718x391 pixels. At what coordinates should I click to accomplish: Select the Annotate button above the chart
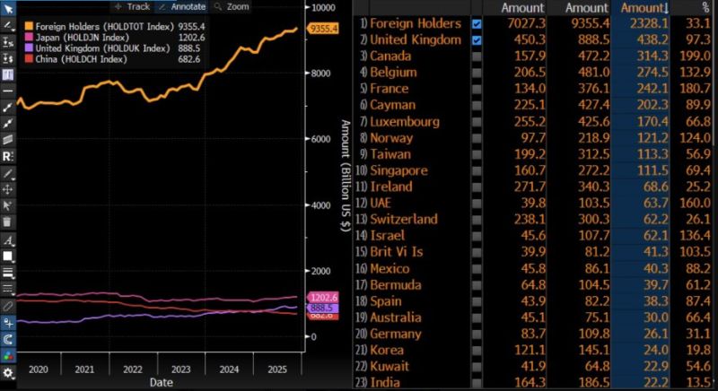pos(183,6)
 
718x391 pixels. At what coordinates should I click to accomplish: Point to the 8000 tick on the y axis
pos(320,73)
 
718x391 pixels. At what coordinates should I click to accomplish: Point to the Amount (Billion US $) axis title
pos(345,174)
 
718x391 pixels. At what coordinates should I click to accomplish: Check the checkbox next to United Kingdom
pos(477,39)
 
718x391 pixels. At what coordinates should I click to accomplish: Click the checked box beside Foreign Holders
pos(477,23)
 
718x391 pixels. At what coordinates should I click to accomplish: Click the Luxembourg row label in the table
pos(404,121)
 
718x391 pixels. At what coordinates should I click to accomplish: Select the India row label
pos(387,382)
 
